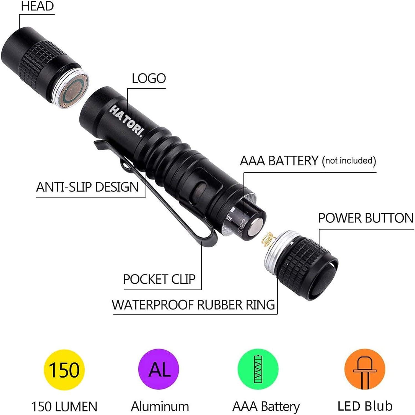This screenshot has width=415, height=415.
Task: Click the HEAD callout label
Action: tap(37, 6)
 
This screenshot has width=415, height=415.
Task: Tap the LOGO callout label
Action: tap(149, 78)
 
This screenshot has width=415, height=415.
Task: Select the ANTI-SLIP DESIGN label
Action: tap(87, 187)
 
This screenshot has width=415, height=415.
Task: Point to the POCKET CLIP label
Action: tap(159, 279)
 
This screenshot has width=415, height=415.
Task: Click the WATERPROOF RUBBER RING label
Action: tap(193, 305)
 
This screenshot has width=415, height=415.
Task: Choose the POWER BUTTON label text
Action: tap(365, 218)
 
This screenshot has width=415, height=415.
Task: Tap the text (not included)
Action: tap(349, 161)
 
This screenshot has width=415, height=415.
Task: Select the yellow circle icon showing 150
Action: tap(64, 370)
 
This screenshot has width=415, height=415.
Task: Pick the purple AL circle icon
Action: tap(159, 369)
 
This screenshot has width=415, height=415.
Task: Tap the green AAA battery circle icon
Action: tap(258, 369)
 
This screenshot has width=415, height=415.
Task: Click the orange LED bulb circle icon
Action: tap(365, 369)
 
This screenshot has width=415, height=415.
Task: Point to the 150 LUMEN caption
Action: tap(64, 406)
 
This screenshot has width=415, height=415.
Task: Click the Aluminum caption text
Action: tap(160, 406)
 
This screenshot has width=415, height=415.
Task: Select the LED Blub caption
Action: tap(365, 406)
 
